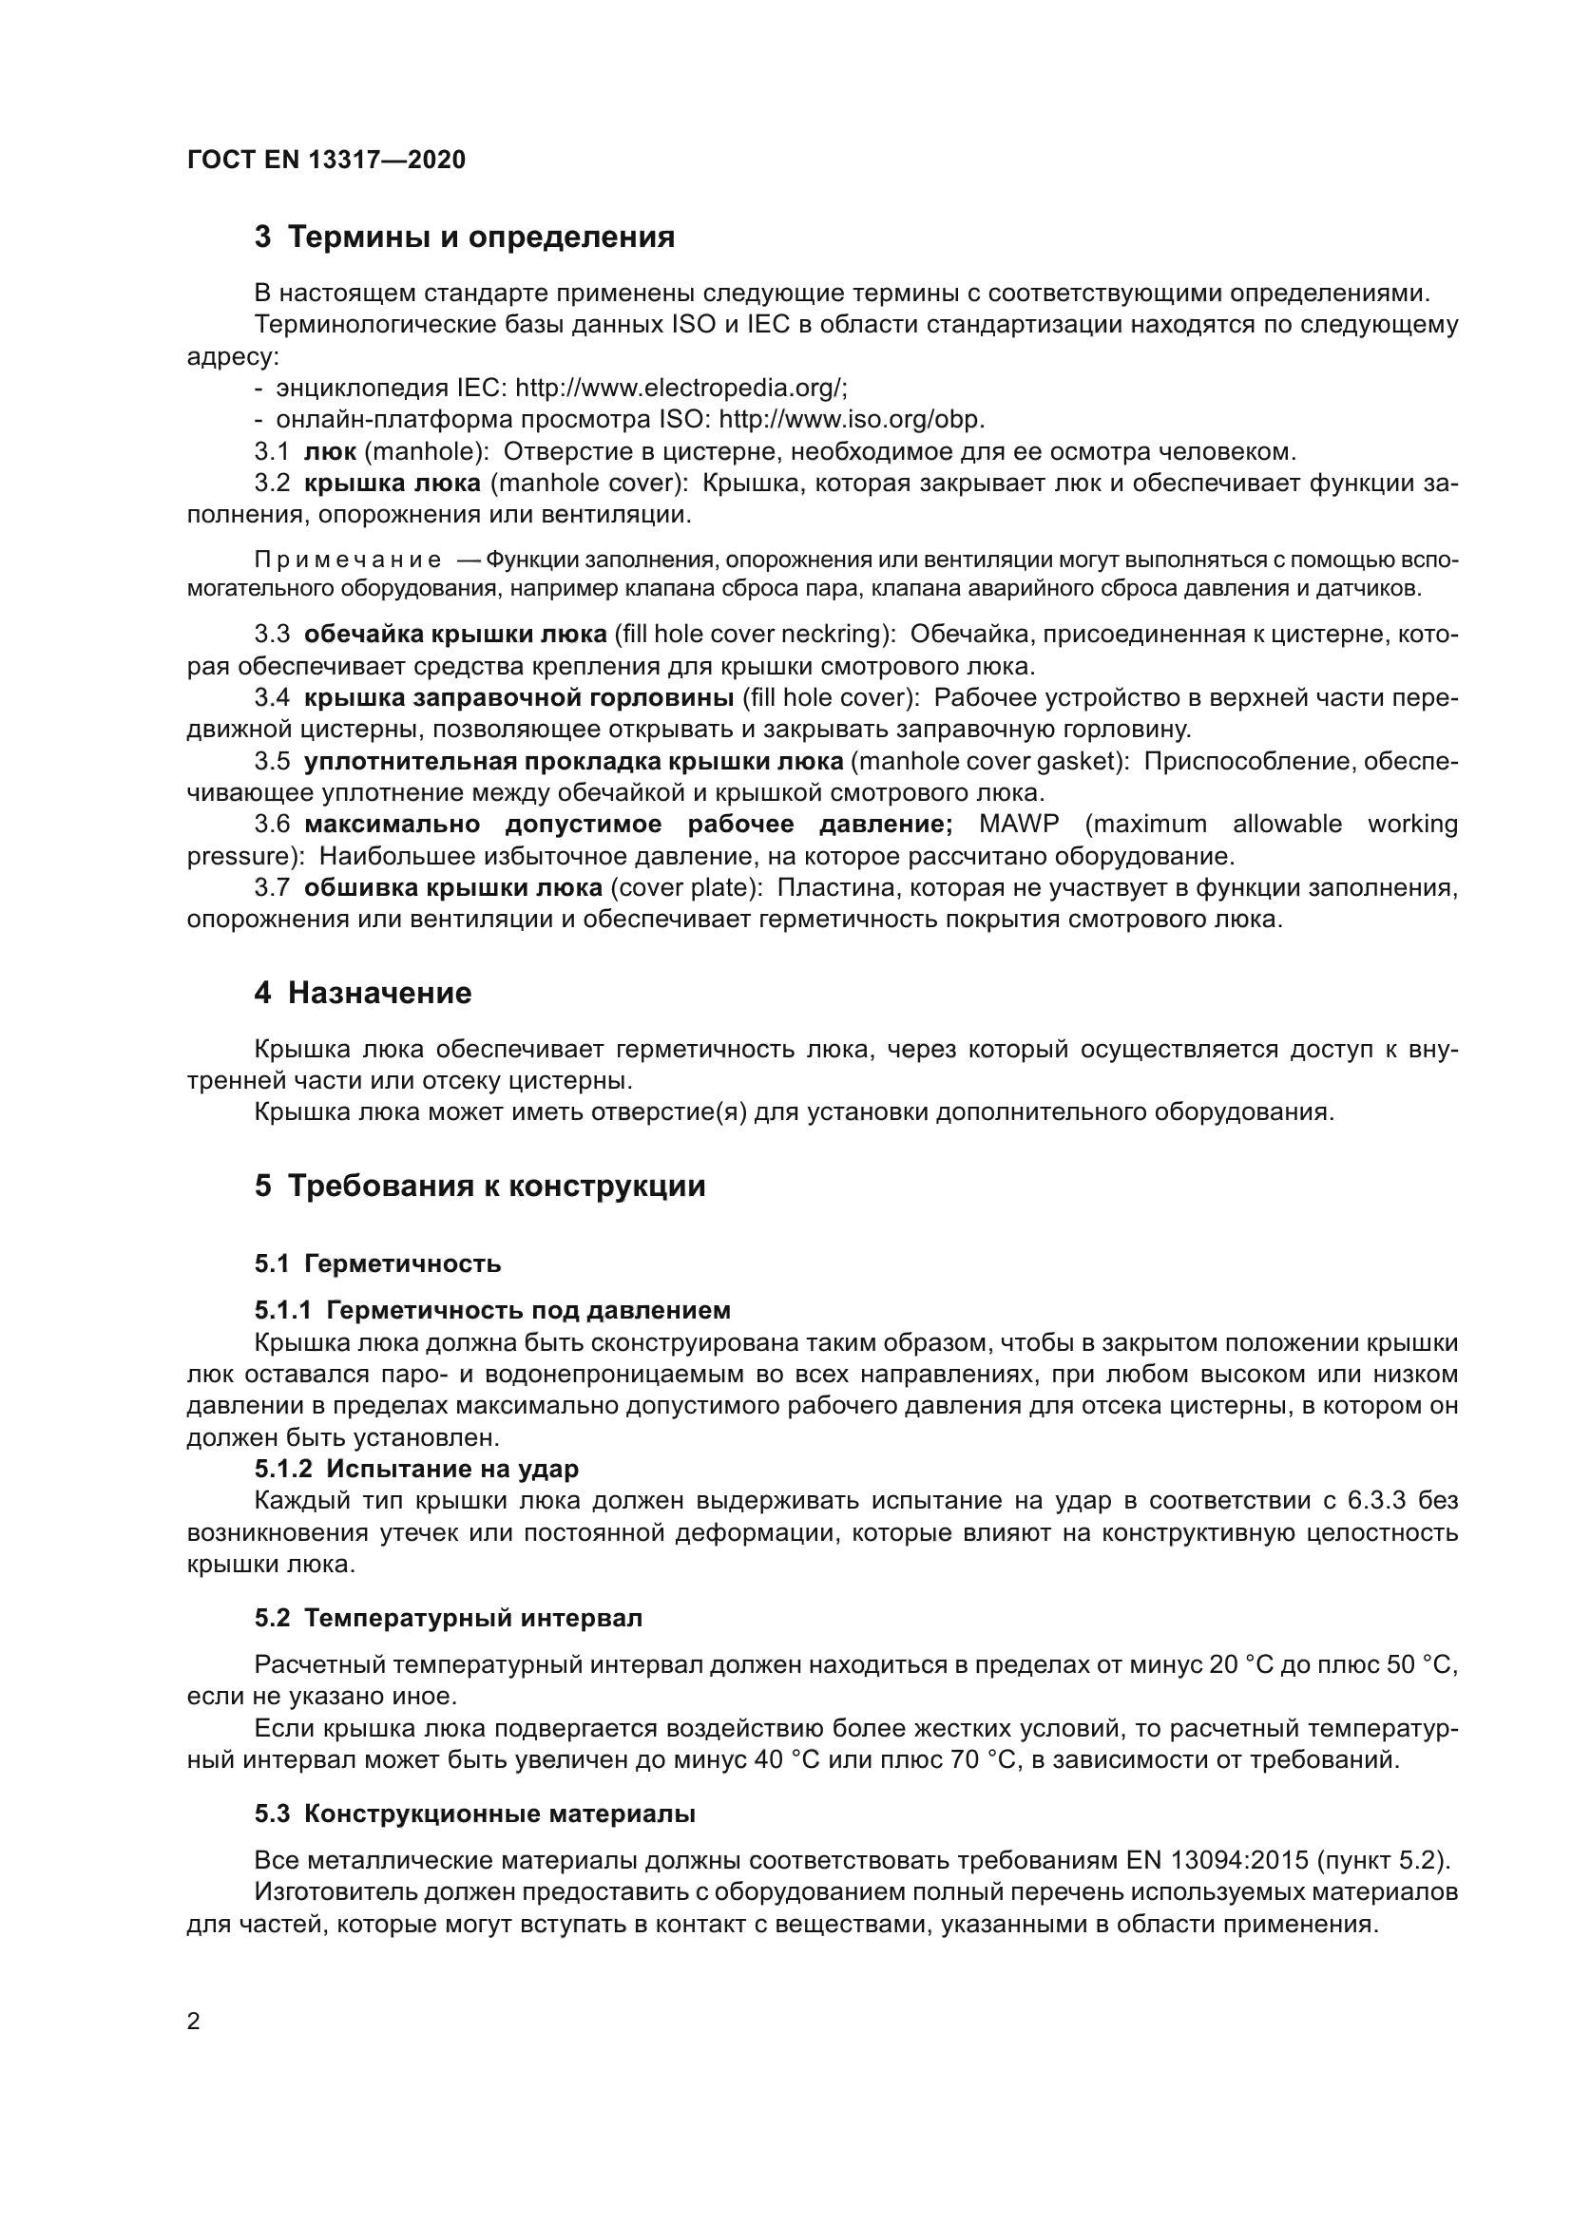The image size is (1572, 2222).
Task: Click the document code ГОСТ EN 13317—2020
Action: [326, 160]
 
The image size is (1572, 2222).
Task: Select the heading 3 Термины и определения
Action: [465, 237]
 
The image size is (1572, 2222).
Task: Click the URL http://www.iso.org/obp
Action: [852, 420]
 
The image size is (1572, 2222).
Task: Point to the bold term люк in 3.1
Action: [330, 452]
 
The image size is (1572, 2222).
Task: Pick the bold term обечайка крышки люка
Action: [456, 634]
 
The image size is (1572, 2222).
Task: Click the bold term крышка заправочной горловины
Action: [519, 698]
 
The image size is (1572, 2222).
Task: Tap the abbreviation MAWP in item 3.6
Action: [1018, 825]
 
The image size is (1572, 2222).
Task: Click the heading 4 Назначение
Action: [363, 993]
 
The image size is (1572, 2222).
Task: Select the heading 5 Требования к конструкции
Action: [480, 1186]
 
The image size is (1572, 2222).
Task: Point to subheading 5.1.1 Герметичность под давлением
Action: [492, 1310]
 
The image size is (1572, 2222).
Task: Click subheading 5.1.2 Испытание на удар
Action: [417, 1469]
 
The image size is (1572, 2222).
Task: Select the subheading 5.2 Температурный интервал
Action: [450, 1618]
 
